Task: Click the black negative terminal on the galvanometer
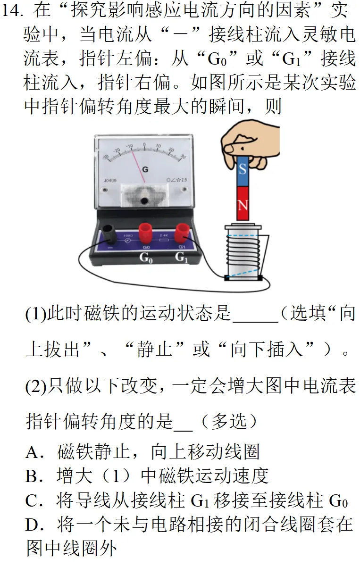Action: [111, 234]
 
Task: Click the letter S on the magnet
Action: [243, 169]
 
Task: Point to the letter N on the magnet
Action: [243, 205]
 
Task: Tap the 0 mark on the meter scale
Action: [144, 145]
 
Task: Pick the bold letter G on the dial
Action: [145, 169]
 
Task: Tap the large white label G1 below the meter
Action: [182, 258]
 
